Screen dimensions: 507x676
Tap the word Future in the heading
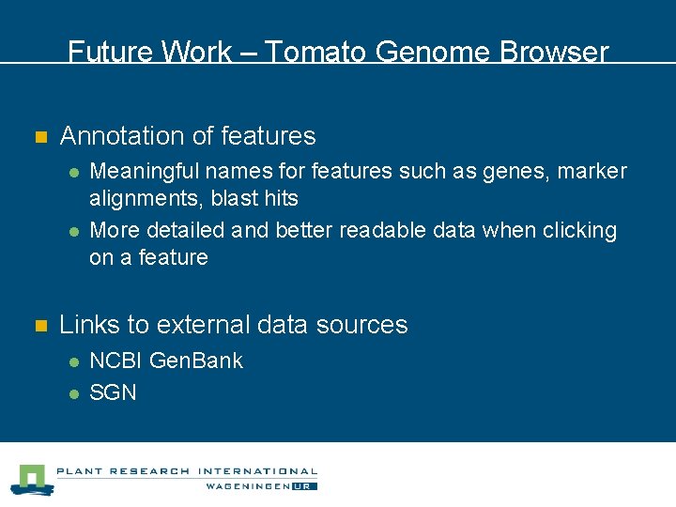pyautogui.click(x=103, y=53)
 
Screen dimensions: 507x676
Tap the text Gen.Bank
pyautogui.click(x=196, y=361)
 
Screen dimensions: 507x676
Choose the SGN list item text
pyautogui.click(x=113, y=392)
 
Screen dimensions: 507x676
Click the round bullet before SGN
pyautogui.click(x=72, y=393)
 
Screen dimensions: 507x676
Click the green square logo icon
pyautogui.click(x=34, y=479)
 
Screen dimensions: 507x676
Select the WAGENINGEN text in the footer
pyautogui.click(x=248, y=486)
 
